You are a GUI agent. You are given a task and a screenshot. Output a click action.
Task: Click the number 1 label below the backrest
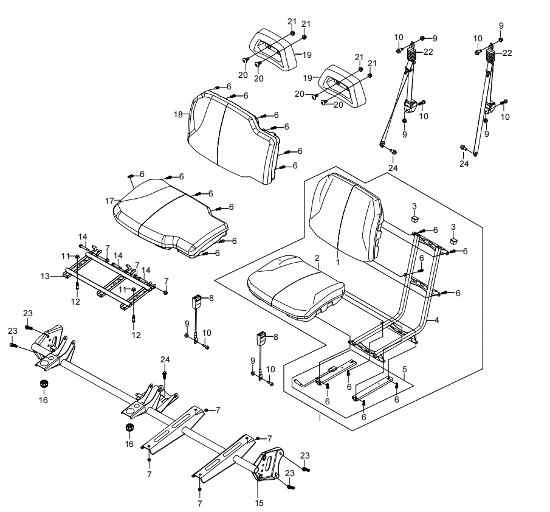click(x=337, y=262)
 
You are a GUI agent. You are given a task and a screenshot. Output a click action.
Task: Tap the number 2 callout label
click(x=317, y=258)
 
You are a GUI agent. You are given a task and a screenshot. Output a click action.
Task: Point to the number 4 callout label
click(x=436, y=320)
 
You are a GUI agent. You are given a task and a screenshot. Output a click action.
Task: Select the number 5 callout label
click(x=405, y=369)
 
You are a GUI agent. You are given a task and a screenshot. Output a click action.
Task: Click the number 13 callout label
click(x=45, y=277)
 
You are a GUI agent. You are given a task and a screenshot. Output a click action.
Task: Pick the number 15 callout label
click(x=260, y=503)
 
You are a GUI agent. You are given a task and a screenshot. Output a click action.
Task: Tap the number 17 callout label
click(x=109, y=201)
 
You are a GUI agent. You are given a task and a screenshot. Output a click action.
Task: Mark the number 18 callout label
click(x=178, y=114)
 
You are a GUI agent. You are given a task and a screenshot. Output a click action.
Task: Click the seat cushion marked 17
click(x=171, y=218)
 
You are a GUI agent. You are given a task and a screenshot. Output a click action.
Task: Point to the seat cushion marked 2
click(x=296, y=286)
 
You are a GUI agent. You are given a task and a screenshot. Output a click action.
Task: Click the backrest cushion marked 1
click(x=346, y=217)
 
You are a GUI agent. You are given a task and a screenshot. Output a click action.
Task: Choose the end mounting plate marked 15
click(x=267, y=463)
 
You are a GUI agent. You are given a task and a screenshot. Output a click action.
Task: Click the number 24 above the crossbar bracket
click(x=165, y=360)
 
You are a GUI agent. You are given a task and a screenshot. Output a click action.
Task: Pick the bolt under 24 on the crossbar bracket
click(x=165, y=375)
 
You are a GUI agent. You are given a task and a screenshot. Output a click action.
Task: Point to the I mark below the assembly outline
click(x=320, y=418)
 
